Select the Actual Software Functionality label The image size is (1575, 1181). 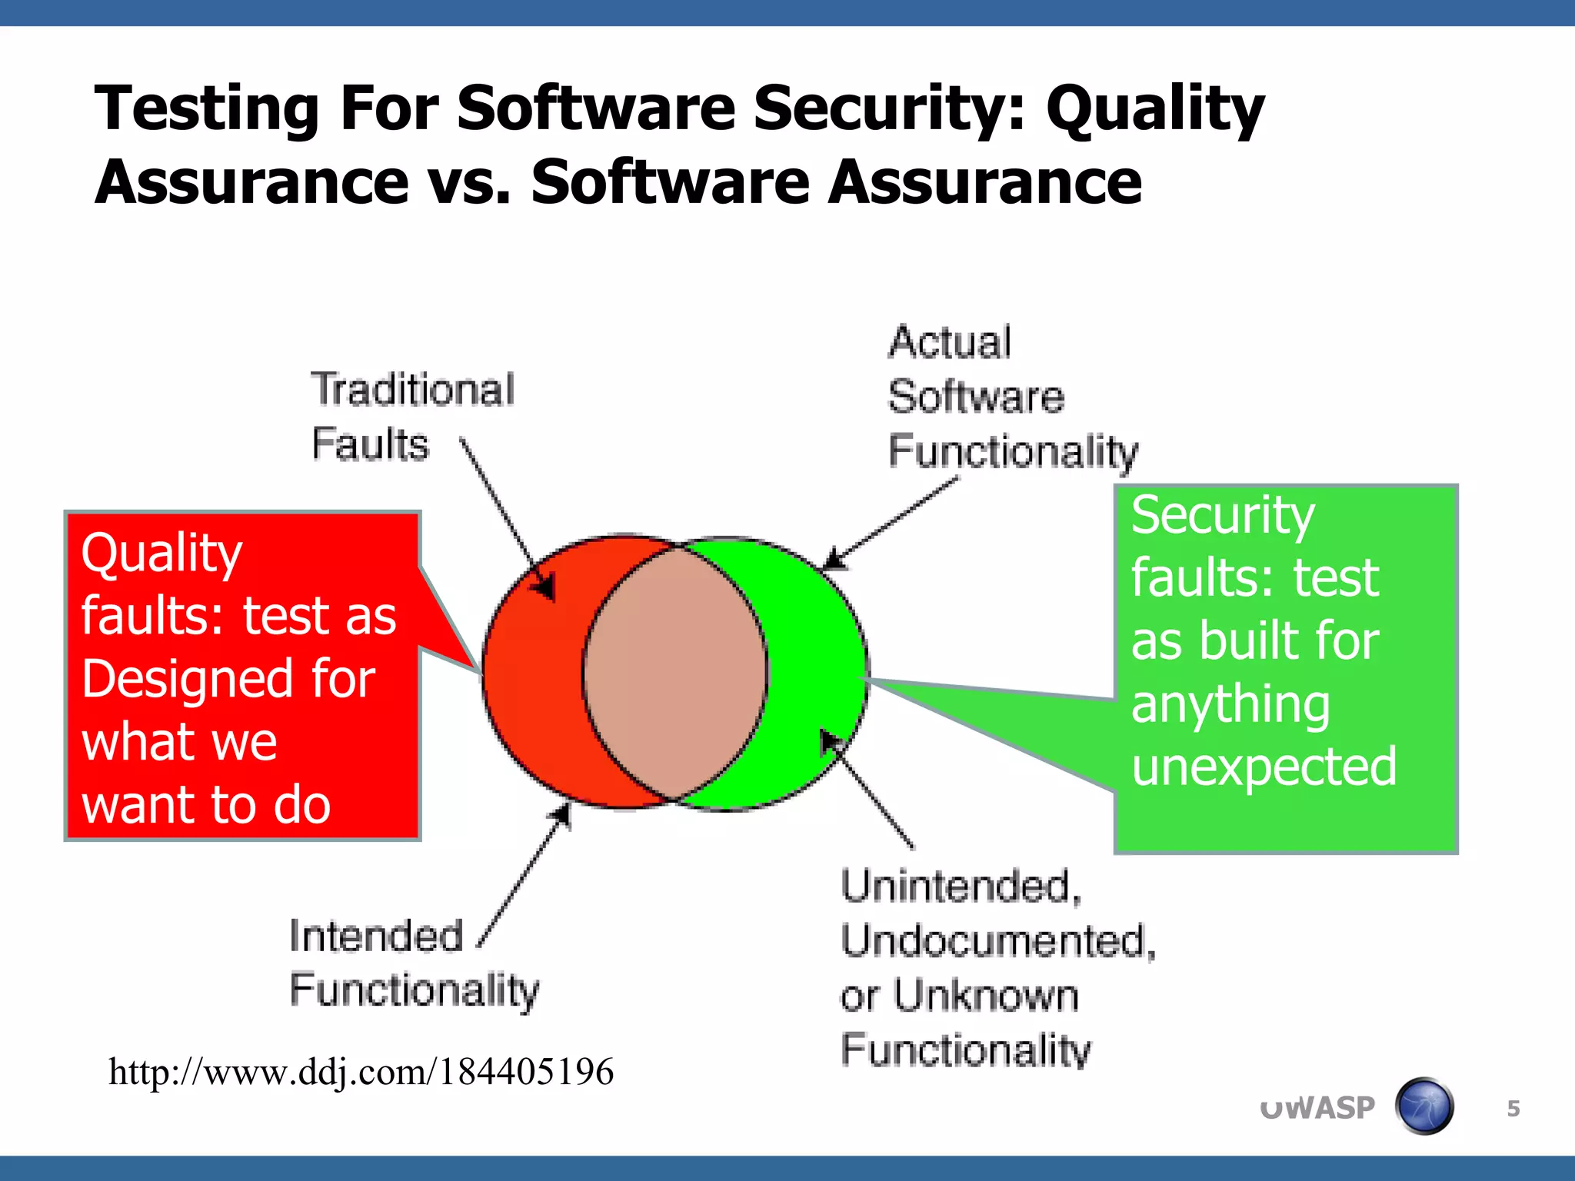1011,397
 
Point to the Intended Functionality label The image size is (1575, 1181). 414,963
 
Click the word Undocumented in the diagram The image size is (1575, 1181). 997,941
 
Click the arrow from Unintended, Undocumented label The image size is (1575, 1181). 869,792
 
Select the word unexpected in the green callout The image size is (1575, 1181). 1264,767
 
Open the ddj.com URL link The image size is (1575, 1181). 361,1071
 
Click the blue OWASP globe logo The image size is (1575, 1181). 1423,1106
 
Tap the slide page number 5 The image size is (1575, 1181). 1513,1108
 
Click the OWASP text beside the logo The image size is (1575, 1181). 1317,1108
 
